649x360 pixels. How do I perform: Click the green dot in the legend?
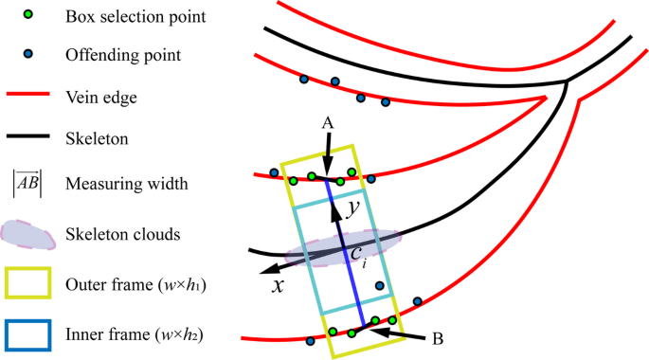click(x=27, y=15)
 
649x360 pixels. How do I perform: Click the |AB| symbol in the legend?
click(x=27, y=183)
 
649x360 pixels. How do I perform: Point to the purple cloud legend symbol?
click(x=29, y=233)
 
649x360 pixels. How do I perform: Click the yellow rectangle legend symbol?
click(x=27, y=282)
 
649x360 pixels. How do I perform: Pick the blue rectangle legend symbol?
click(x=27, y=333)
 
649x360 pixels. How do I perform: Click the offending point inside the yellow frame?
click(x=380, y=285)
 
